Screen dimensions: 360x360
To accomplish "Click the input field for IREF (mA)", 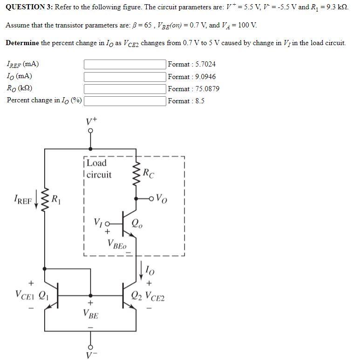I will click(125, 64).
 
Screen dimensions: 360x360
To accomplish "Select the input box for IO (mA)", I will click(125, 76).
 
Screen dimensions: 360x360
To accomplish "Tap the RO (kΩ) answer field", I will click(125, 88).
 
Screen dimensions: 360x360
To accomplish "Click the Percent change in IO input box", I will click(125, 100).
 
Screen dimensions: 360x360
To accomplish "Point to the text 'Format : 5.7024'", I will click(192, 64).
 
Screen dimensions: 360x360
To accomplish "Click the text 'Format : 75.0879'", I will click(194, 89).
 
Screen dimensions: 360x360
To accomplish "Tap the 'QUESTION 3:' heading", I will click(29, 7).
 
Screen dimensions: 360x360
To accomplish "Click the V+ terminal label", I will click(91, 121).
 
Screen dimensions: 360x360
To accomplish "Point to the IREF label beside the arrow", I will click(23, 201).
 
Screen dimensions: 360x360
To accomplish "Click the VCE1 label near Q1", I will click(24, 294).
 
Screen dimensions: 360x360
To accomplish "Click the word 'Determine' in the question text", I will click(22, 43).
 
